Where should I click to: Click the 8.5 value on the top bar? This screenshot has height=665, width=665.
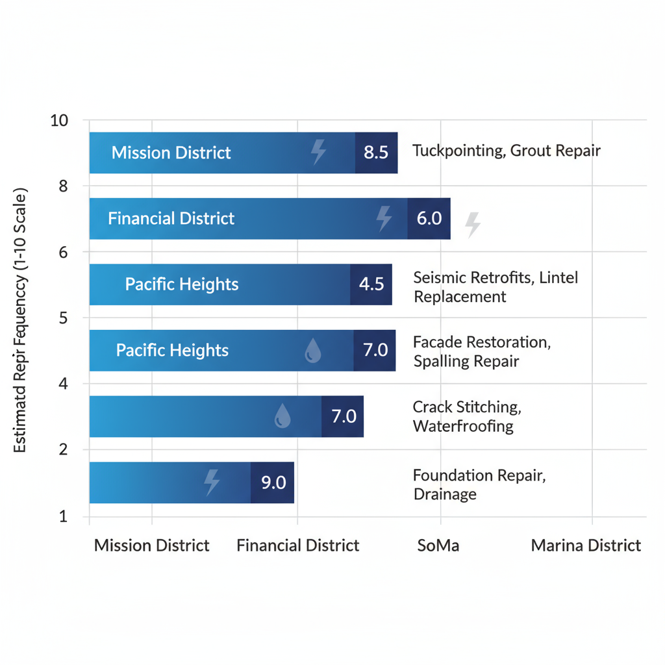pos(376,153)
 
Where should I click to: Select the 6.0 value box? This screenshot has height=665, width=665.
pos(429,218)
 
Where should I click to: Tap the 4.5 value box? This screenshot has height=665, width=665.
pos(371,284)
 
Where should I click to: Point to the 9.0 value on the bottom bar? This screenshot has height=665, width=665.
pos(273,483)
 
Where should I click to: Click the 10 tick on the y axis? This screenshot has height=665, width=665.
pos(59,121)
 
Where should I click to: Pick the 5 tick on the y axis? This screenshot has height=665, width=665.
pos(63,318)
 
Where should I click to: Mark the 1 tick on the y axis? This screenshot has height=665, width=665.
pos(63,517)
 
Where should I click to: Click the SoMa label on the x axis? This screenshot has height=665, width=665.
pos(438,546)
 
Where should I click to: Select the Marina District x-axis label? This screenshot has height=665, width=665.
pos(586,546)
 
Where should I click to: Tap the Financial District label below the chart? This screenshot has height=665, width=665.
pos(297,546)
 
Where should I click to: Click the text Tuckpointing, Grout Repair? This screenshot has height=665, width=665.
pos(507,151)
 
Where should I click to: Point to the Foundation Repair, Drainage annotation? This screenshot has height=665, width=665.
pos(479,484)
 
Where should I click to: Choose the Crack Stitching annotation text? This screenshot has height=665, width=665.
pos(466,416)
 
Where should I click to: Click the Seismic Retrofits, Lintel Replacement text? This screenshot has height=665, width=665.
pos(495,287)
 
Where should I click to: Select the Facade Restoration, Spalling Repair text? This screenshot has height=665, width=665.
pos(481,351)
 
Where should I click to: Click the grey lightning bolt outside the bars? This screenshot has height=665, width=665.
pos(473,224)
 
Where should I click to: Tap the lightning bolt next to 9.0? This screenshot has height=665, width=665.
pos(212,483)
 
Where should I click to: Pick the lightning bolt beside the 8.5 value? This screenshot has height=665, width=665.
pos(318,151)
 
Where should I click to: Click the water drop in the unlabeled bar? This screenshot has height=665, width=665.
pos(282,416)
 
